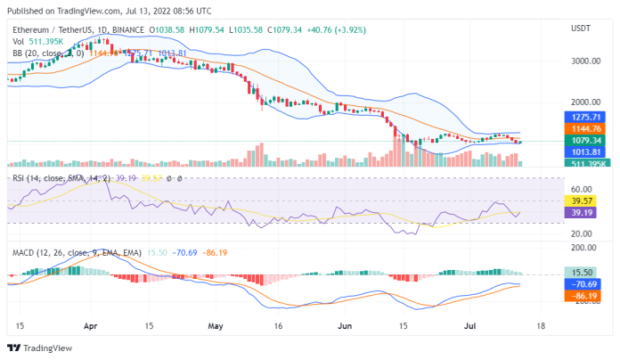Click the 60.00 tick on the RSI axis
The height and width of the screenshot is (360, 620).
[x=582, y=189]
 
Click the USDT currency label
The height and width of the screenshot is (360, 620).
[x=580, y=28]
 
